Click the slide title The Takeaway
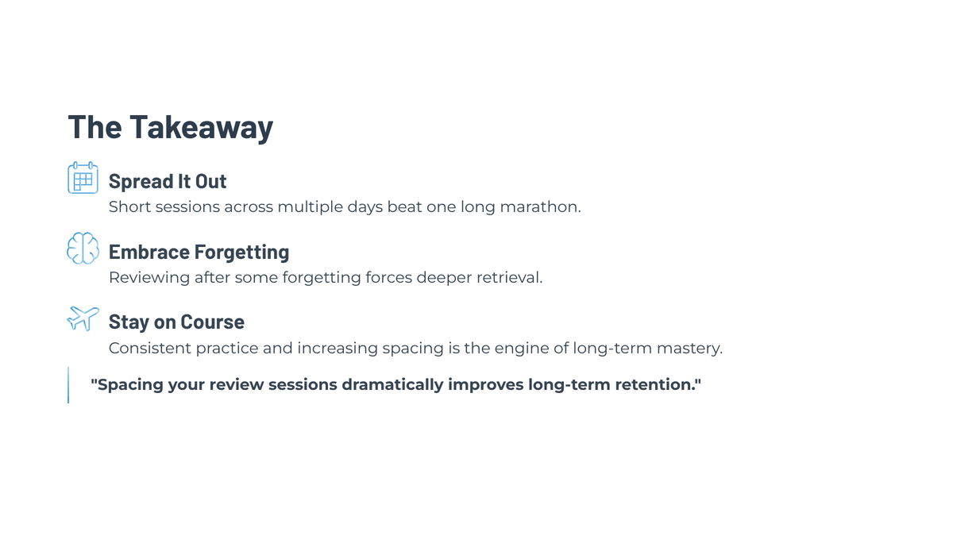click(170, 127)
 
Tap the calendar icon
click(83, 178)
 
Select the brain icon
click(83, 248)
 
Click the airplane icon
click(83, 318)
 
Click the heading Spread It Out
click(168, 181)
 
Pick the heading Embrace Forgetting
click(199, 252)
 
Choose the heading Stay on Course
click(176, 322)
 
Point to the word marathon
click(540, 206)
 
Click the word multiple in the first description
click(311, 207)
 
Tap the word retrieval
click(509, 277)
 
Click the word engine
click(523, 349)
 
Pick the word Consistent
click(150, 348)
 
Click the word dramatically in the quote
click(392, 385)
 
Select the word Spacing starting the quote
click(127, 385)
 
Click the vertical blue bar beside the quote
click(68, 385)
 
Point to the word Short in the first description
click(129, 206)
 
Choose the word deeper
click(444, 278)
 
